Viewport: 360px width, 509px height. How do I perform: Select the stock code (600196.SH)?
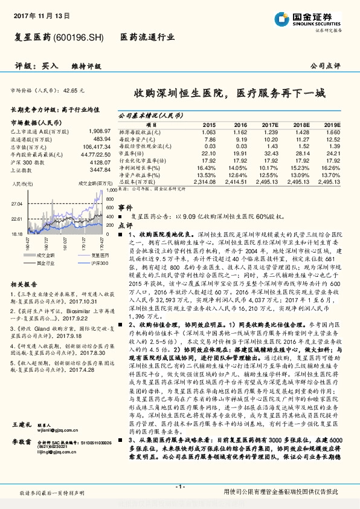coord(79,37)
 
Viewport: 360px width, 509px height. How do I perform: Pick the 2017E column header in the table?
coord(269,124)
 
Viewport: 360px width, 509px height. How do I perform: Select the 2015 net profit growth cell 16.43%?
coord(206,167)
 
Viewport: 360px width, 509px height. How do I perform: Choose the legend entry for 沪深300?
coord(85,263)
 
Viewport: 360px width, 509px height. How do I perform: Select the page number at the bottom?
coord(179,487)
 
